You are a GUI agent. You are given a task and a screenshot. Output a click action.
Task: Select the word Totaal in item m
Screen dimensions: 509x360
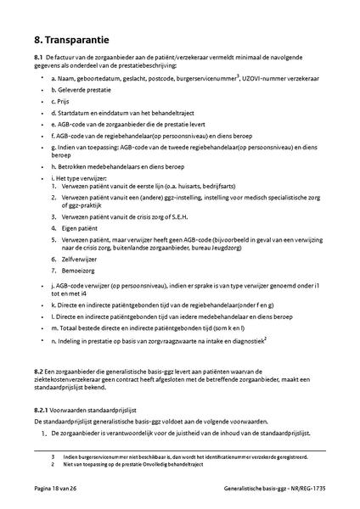coord(67,327)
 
